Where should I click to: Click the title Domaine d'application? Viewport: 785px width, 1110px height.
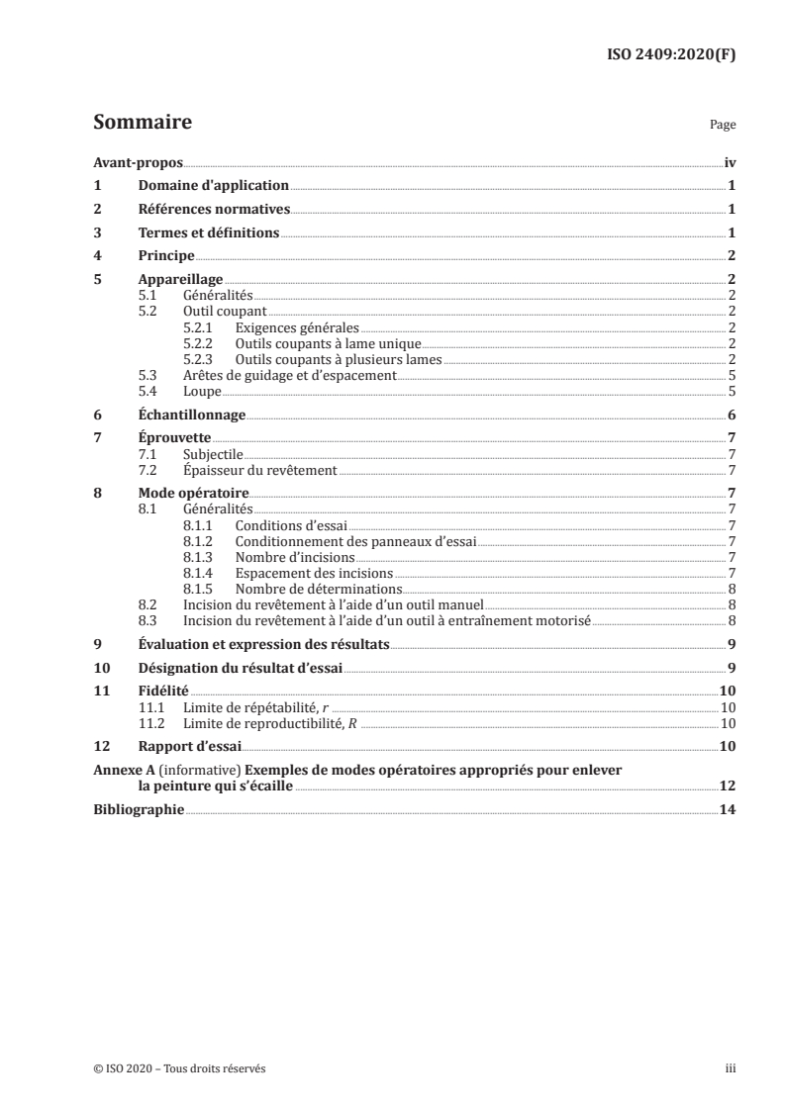point(213,186)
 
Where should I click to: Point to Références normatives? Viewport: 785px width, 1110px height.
point(214,210)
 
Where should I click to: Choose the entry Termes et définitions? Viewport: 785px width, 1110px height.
point(209,233)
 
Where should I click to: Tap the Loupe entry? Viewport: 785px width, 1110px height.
point(202,391)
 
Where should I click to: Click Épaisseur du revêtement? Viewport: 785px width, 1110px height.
point(260,470)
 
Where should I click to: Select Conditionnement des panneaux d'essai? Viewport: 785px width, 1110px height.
point(355,541)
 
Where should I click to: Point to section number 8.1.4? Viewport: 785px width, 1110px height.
point(200,573)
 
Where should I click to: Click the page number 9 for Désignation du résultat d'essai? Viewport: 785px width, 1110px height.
point(730,669)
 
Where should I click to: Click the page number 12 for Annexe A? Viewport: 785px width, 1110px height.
point(727,786)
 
